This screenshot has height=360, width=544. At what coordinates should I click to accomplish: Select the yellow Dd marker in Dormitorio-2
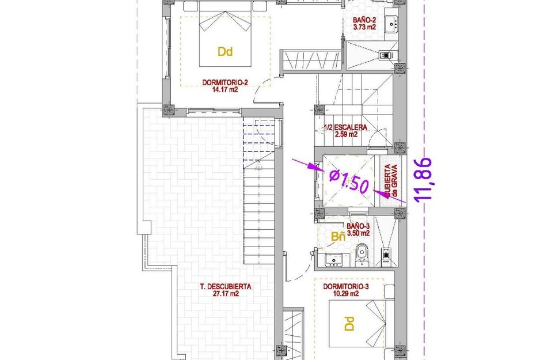(225, 52)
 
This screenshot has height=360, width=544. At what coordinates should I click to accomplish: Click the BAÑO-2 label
(364, 20)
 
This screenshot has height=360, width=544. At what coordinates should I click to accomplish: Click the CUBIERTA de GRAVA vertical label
(391, 183)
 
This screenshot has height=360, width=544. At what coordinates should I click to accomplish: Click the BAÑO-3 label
(357, 226)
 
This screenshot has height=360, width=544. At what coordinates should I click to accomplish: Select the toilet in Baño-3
(362, 253)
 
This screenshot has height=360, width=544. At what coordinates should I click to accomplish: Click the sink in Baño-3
(333, 260)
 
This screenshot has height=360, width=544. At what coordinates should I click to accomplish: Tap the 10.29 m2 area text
(345, 294)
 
